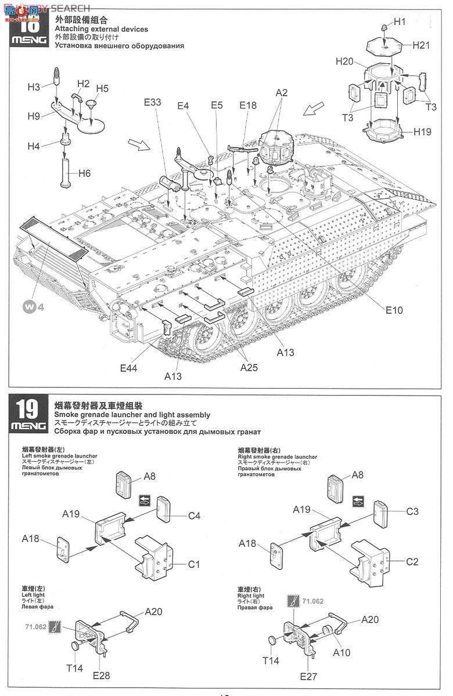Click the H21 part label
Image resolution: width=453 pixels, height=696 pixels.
[x=421, y=45]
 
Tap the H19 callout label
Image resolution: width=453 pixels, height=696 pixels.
[x=423, y=132]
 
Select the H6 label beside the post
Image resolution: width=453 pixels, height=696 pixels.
[x=85, y=173]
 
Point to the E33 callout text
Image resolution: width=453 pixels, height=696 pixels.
[x=152, y=103]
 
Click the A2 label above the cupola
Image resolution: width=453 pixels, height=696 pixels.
[x=282, y=93]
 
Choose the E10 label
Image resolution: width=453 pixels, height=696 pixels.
[x=394, y=310]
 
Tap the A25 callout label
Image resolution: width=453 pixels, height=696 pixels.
[x=249, y=367]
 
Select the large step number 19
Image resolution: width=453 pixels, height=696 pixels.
[x=28, y=409]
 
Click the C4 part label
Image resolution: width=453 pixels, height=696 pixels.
[x=193, y=516]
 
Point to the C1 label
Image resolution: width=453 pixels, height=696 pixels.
[x=193, y=564]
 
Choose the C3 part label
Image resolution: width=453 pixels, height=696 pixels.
[x=412, y=512]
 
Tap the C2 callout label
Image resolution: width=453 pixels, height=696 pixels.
[x=412, y=561]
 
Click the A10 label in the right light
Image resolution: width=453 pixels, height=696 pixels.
[x=342, y=652]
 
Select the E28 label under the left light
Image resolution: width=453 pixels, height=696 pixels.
[x=100, y=675]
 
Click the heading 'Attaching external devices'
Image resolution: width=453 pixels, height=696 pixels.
[x=101, y=29]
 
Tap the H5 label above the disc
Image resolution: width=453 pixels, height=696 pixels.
[x=102, y=88]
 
